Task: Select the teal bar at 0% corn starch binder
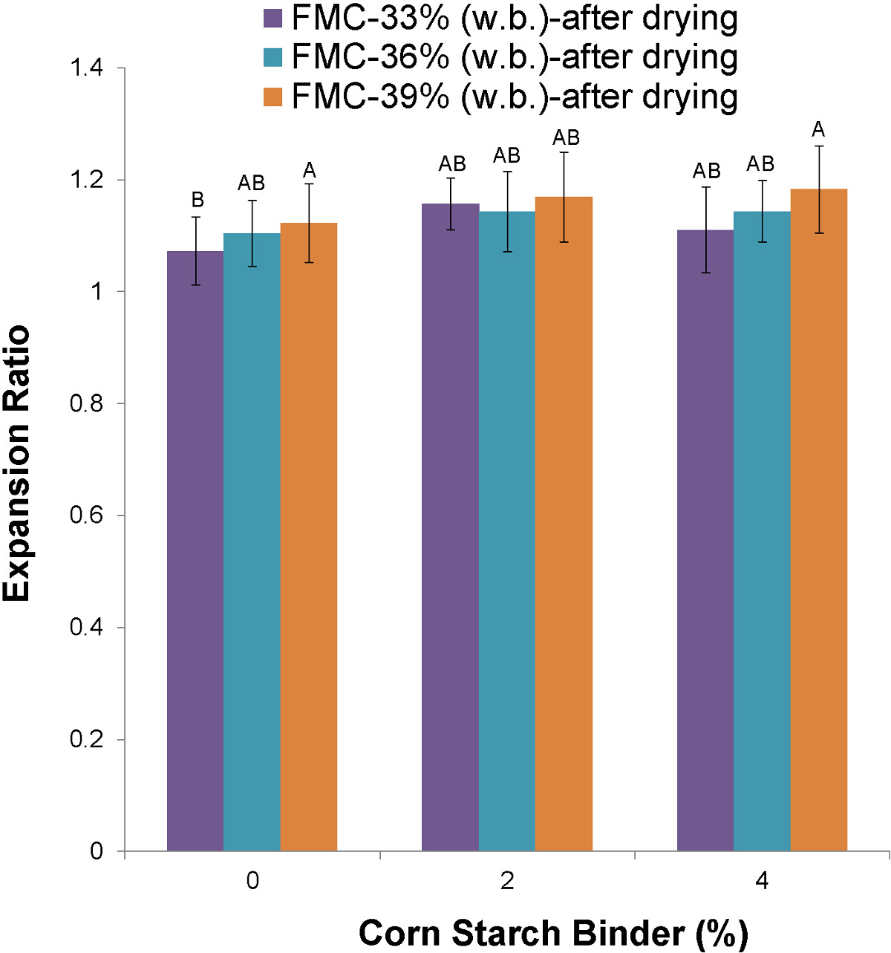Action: point(252,542)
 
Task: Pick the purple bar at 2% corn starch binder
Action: point(450,527)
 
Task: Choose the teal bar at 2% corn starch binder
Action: point(506,531)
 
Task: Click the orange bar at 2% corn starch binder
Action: point(564,524)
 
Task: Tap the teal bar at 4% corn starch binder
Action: point(762,531)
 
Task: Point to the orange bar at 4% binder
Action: point(818,520)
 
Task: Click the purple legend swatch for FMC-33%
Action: point(273,19)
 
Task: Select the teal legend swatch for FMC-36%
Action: point(273,57)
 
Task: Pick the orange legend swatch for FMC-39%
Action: point(273,97)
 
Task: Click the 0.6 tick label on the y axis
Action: point(86,515)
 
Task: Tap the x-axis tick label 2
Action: point(507,881)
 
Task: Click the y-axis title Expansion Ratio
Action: point(16,462)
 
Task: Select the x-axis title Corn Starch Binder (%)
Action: point(552,933)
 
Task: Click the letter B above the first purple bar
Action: point(198,200)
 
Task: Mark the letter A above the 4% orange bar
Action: point(818,130)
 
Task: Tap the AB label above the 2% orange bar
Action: point(566,137)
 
